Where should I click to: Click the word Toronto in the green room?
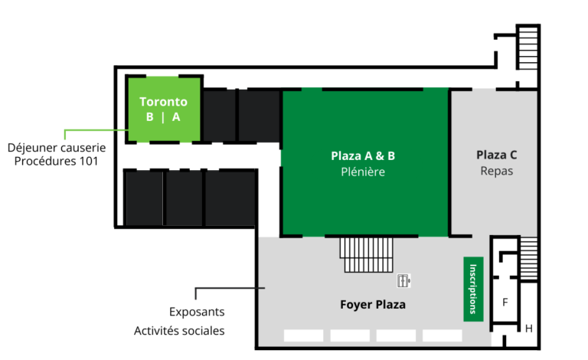(163, 102)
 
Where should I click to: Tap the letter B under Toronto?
(150, 117)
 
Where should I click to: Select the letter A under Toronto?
(176, 117)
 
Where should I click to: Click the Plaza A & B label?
(363, 156)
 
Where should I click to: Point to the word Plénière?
(363, 172)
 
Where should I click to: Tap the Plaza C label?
(496, 155)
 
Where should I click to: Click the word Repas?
(496, 171)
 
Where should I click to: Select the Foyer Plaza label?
(373, 305)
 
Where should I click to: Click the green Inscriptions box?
(473, 289)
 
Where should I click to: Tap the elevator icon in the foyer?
(403, 280)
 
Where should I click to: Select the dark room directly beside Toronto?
(219, 116)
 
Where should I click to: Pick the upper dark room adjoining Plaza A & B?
(259, 116)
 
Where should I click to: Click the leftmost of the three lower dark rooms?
(144, 198)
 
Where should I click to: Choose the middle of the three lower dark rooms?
(184, 198)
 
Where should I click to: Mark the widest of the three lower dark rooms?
(230, 198)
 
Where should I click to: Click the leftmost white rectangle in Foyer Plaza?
(303, 335)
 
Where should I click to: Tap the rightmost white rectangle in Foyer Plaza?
(442, 335)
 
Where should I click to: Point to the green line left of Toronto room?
(92, 131)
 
